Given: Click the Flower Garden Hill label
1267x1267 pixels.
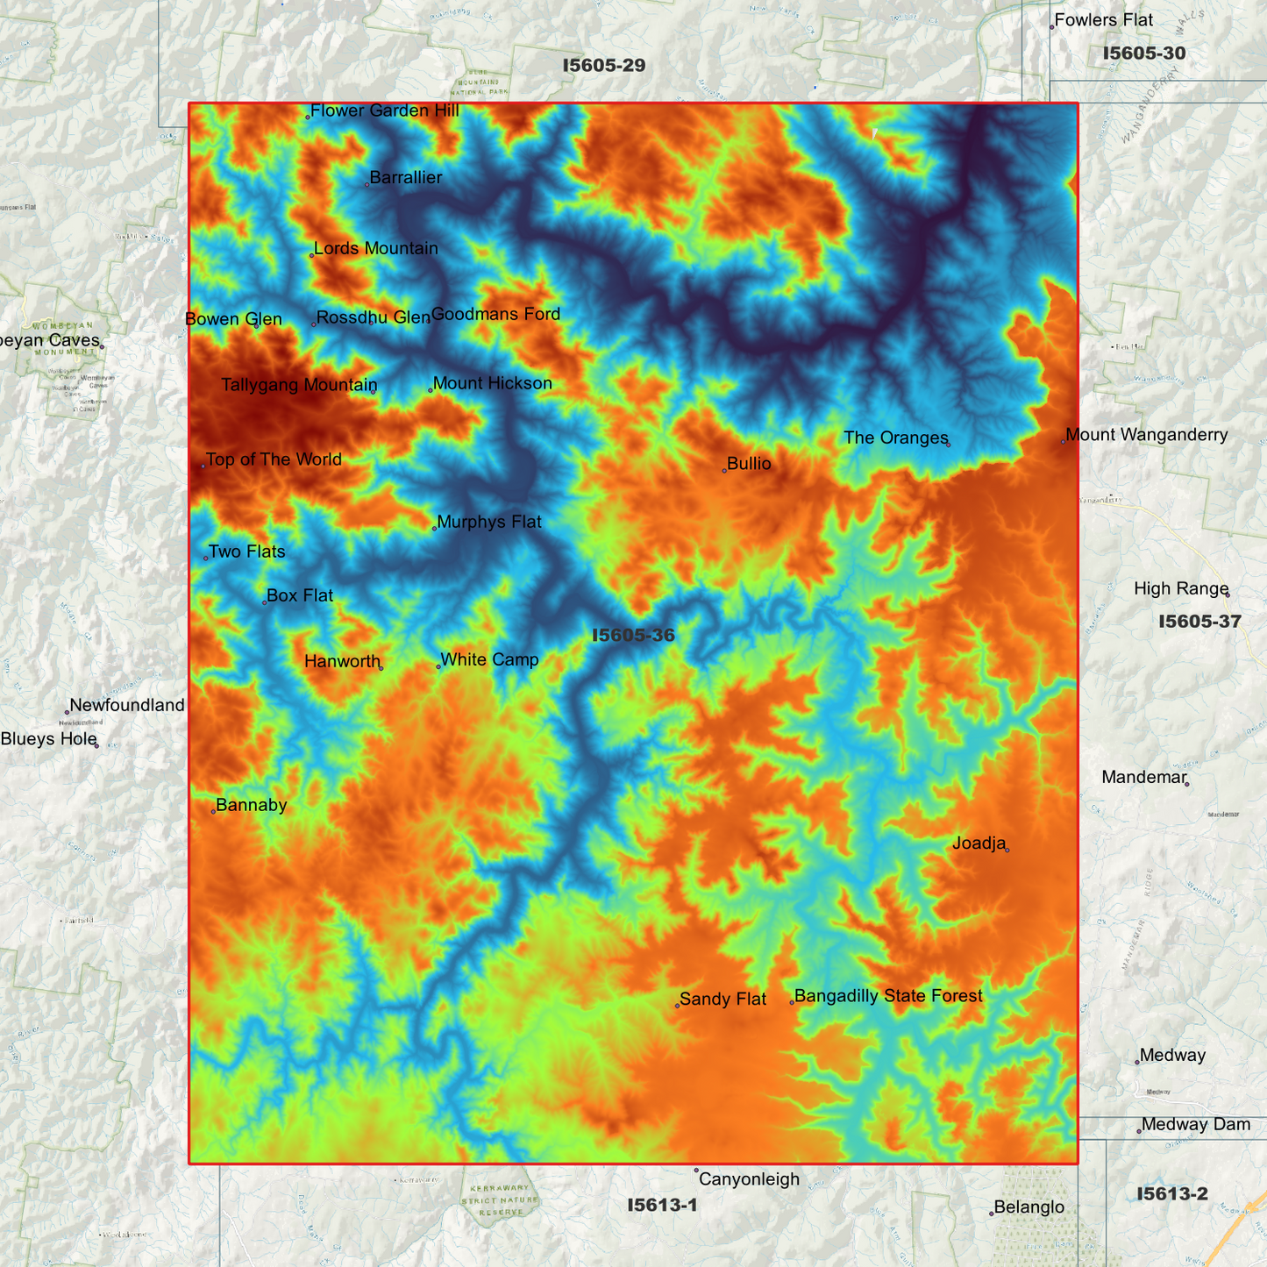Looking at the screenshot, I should [384, 110].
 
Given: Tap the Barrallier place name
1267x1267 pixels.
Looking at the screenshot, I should [405, 178].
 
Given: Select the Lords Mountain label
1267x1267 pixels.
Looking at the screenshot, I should [375, 248].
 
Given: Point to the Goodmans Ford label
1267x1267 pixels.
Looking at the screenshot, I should [495, 314].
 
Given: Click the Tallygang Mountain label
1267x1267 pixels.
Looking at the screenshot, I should [298, 385].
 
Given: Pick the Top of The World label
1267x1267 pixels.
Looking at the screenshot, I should [274, 459].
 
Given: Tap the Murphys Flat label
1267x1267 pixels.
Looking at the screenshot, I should [488, 522].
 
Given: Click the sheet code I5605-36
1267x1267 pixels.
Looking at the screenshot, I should [633, 635].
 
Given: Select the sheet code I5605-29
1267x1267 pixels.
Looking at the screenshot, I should [604, 65].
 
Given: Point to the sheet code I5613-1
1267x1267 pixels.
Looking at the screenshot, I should [662, 1205].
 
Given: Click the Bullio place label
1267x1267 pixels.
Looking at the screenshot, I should [749, 464].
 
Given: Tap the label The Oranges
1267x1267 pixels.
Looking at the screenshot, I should [895, 438].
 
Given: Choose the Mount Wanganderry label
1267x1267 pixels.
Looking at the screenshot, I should [1146, 435].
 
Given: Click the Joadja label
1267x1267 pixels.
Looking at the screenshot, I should [979, 843].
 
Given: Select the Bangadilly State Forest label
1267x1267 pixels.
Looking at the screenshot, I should [887, 996].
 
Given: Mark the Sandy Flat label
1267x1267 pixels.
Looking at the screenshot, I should [722, 999].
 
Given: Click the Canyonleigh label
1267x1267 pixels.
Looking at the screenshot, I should [749, 1179].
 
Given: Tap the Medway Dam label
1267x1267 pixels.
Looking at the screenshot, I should [1195, 1125].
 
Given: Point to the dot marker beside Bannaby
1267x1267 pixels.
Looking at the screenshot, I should [213, 812].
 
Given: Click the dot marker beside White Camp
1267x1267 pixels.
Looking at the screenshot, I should [438, 666].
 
